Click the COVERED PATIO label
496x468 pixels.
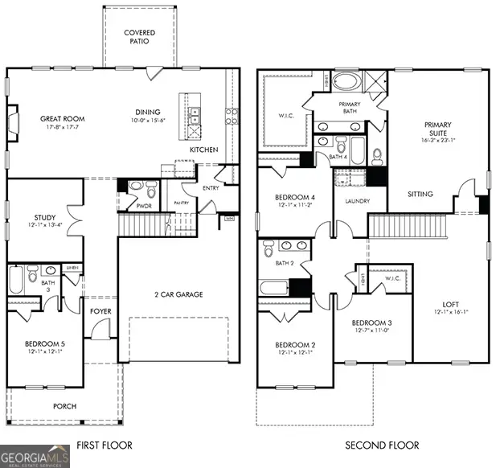139,37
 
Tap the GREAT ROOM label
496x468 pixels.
63,119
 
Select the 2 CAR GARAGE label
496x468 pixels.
178,294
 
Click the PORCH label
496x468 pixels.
64,406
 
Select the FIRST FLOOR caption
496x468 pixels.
104,445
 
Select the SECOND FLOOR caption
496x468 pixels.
382,445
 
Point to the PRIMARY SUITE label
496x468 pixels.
438,129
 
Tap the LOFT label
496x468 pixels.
451,304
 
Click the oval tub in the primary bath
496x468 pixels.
348,82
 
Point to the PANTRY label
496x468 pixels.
182,203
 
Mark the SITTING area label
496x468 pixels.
420,194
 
